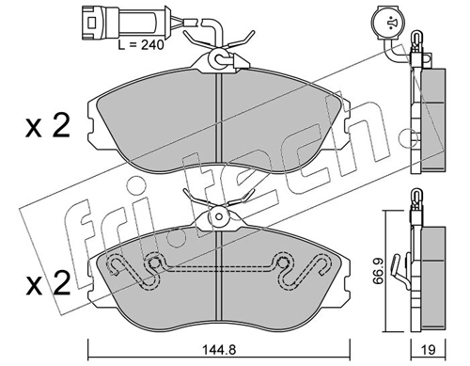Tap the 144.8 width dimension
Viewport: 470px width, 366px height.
(217, 352)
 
